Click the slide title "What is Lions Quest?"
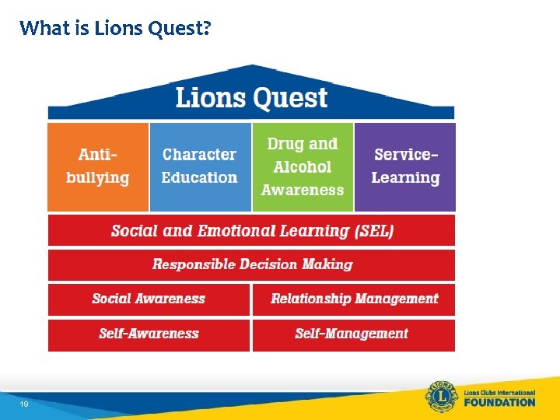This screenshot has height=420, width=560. (x=115, y=29)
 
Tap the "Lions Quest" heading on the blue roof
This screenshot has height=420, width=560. (x=251, y=98)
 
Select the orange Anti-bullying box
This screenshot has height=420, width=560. (x=98, y=166)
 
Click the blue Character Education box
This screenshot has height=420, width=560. (x=200, y=166)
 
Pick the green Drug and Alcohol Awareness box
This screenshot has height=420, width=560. (x=303, y=166)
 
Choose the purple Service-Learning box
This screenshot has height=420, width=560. (x=404, y=166)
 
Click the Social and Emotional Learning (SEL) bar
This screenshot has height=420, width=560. (x=251, y=231)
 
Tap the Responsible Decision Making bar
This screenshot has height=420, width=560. (x=251, y=264)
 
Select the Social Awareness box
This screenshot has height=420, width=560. (x=149, y=299)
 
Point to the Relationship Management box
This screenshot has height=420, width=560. (x=354, y=299)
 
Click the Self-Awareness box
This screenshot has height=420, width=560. (x=149, y=334)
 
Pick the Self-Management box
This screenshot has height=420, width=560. (x=352, y=334)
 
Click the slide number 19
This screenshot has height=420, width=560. (x=25, y=404)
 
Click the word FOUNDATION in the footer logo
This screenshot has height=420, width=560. (x=499, y=402)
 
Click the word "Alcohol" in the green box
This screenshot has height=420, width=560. (x=303, y=167)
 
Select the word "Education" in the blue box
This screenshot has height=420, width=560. (x=200, y=178)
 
